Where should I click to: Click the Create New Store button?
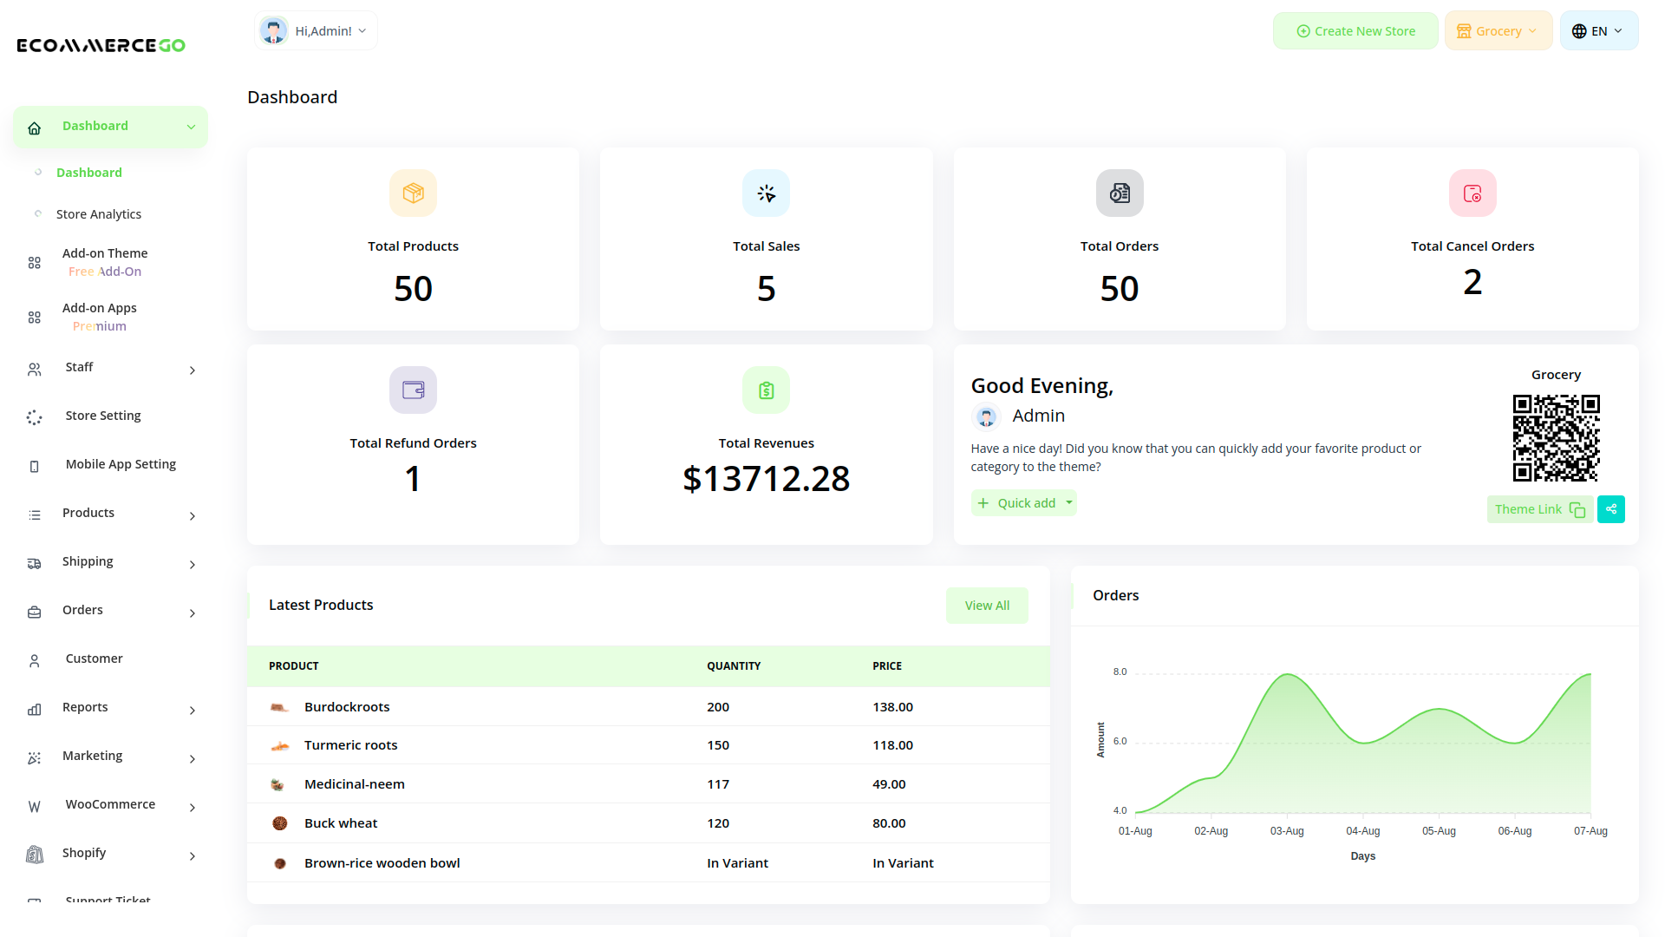[1355, 31]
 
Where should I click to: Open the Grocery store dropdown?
[1498, 31]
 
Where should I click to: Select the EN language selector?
[1598, 31]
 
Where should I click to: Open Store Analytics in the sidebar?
[98, 214]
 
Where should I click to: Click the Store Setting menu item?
[102, 416]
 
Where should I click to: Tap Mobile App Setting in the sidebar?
[121, 464]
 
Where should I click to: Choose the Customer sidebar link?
[94, 659]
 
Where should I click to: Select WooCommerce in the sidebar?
[110, 804]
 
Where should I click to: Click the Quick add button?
[1023, 503]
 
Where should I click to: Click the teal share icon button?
[1610, 509]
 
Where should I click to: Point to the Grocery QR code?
[1556, 438]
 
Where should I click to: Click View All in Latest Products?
[987, 606]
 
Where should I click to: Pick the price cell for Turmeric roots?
[892, 745]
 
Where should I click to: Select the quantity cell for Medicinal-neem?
[718, 784]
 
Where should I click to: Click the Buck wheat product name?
[341, 823]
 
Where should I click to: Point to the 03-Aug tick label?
[1287, 831]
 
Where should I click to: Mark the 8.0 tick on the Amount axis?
[1120, 672]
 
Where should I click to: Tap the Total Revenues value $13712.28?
[766, 479]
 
